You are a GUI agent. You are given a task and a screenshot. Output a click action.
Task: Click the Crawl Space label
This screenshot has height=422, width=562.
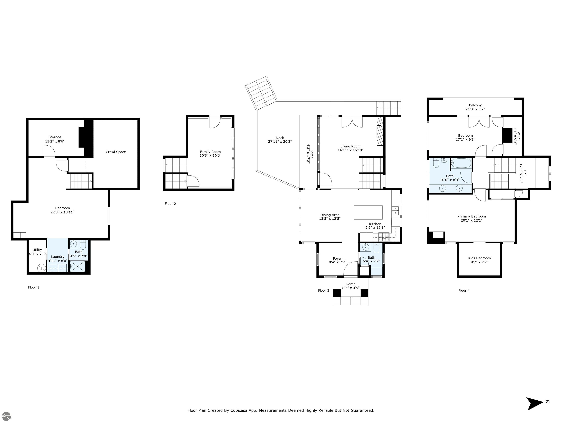point(116,152)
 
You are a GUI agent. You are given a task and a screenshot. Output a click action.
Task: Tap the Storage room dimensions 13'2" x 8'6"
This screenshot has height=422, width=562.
point(55,141)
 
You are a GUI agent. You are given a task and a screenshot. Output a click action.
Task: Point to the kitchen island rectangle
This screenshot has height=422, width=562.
point(368,212)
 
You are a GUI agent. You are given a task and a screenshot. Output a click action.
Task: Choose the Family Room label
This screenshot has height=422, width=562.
point(210,152)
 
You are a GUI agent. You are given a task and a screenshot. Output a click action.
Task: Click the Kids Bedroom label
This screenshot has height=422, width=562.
point(479,258)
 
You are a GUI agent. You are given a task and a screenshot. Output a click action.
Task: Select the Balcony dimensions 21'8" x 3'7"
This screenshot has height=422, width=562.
point(475,109)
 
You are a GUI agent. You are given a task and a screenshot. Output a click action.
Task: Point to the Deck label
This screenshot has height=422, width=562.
point(280,138)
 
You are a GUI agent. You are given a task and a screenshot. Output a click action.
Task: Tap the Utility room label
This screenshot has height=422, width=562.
point(37,250)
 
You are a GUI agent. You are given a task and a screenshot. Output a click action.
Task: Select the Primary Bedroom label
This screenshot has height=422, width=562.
point(472,216)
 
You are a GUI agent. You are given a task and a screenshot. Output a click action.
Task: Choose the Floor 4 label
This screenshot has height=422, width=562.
point(464,290)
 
